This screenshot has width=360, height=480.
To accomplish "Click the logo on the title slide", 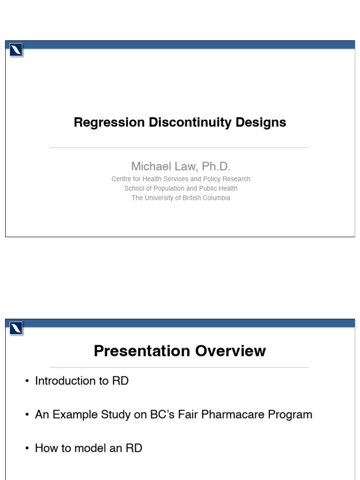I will click(x=16, y=50).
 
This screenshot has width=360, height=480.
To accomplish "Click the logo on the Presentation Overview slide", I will click(x=16, y=329).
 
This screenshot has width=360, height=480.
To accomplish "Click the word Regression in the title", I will click(x=109, y=123).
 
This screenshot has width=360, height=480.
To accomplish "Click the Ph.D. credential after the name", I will click(x=216, y=166).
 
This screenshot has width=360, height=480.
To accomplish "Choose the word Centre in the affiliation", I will click(x=121, y=179).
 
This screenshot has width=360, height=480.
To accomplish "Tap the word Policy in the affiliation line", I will click(x=210, y=179).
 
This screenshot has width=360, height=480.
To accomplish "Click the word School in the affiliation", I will click(x=134, y=188).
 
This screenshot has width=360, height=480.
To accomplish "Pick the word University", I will click(x=161, y=198).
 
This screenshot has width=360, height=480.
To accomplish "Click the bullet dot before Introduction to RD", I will click(x=28, y=381).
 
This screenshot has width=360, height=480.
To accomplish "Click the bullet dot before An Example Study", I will click(x=28, y=415).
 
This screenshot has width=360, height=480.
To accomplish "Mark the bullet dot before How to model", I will click(x=28, y=449).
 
